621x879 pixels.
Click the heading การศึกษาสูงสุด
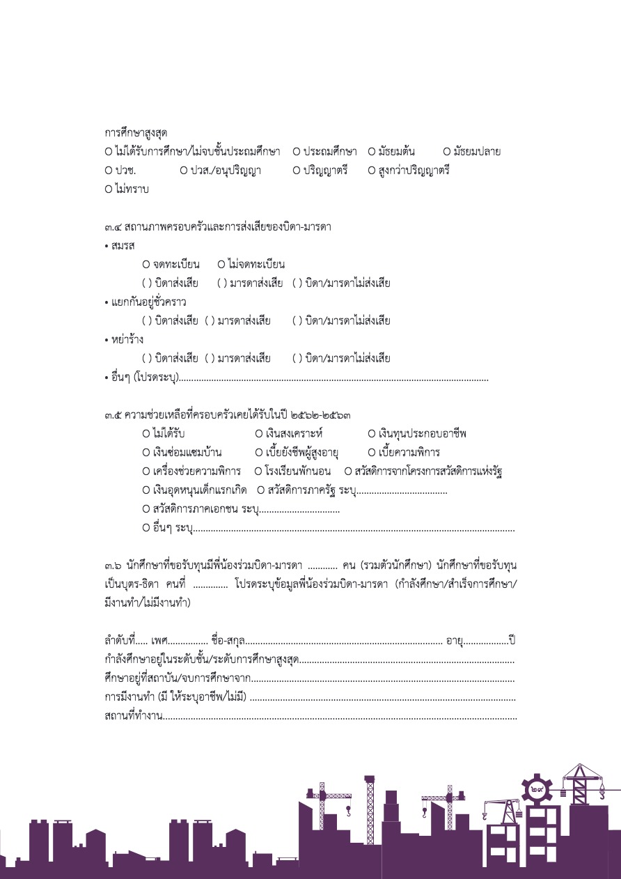pyautogui.click(x=136, y=132)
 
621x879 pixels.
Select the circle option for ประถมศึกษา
pyautogui.click(x=297, y=151)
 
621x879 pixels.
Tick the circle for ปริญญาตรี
pyautogui.click(x=297, y=170)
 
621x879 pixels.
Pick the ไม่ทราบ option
pyautogui.click(x=109, y=189)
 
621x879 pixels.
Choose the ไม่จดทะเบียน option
pyautogui.click(x=221, y=265)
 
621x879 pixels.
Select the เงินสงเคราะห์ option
pyautogui.click(x=259, y=434)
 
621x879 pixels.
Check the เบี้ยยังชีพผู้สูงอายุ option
pyautogui.click(x=259, y=453)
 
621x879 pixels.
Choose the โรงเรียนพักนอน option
pyautogui.click(x=258, y=472)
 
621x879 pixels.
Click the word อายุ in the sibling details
pyautogui.click(x=454, y=640)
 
